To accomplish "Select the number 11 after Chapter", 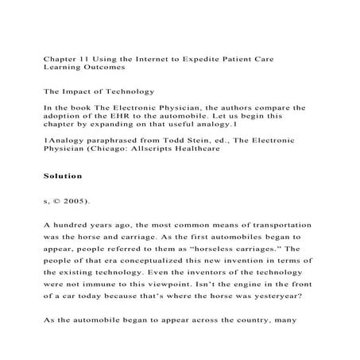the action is tap(82, 59).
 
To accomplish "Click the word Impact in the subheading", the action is tap(79, 91).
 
